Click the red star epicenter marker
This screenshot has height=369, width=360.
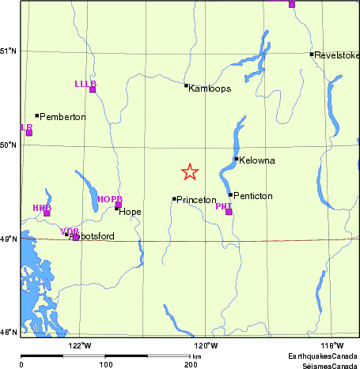click(x=190, y=171)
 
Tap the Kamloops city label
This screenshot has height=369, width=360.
click(x=210, y=88)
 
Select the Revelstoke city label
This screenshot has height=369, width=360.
click(x=336, y=55)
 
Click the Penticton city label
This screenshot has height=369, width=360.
click(x=252, y=195)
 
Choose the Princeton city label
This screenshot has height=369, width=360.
click(x=196, y=200)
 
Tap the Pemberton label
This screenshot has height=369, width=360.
click(x=63, y=117)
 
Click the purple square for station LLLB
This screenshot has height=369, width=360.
click(x=93, y=89)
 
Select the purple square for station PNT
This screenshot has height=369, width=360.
click(x=229, y=212)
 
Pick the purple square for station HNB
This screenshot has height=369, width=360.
click(x=47, y=213)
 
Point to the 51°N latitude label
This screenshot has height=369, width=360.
click(x=9, y=51)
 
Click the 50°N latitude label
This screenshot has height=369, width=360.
click(x=9, y=145)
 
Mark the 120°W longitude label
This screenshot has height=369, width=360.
click(x=206, y=345)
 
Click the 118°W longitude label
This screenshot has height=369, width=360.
click(x=332, y=345)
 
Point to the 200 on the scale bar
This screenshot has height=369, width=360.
click(x=190, y=364)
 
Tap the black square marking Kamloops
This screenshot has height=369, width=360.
click(x=186, y=85)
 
